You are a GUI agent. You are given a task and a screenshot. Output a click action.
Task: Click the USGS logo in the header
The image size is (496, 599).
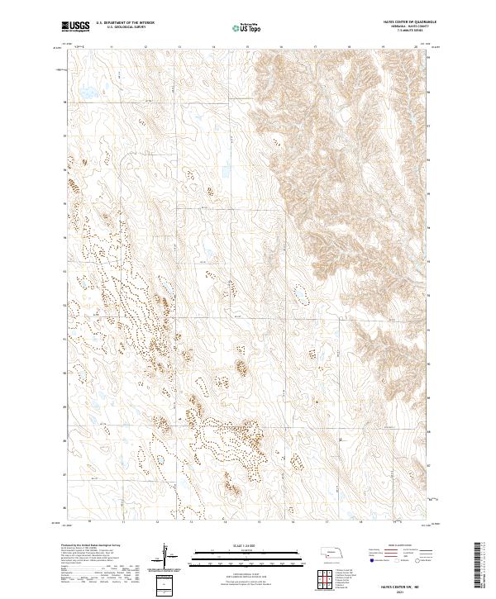click(x=74, y=26)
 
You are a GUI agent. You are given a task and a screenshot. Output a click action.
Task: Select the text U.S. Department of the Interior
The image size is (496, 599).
click(x=125, y=24)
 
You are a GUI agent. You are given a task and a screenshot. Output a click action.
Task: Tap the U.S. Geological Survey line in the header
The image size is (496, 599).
click(x=125, y=28)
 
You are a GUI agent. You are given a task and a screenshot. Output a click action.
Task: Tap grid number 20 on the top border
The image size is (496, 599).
click(x=416, y=47)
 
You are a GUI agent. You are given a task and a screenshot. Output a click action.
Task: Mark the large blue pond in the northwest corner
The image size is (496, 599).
click(x=85, y=92)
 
